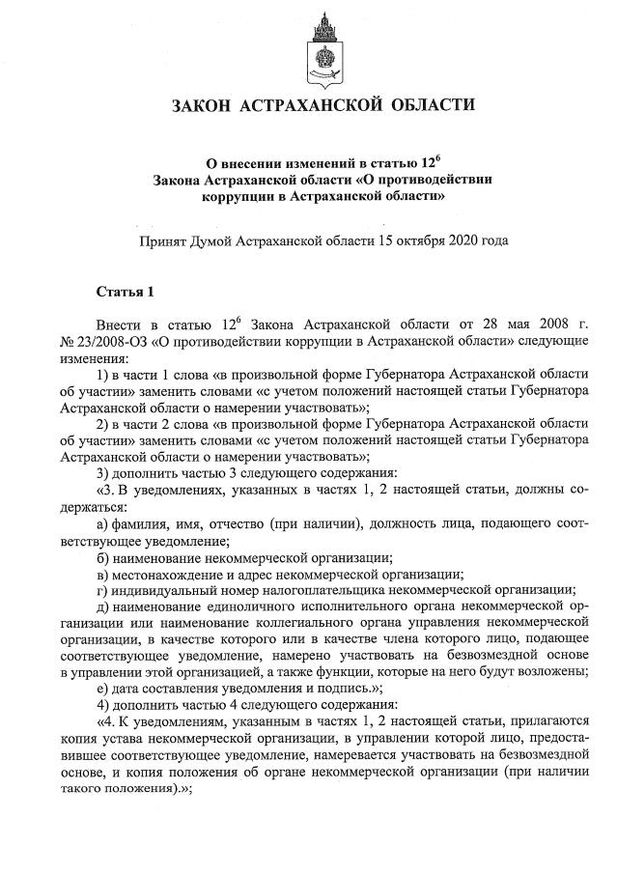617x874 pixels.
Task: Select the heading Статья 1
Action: pos(125,291)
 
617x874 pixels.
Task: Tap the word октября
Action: pos(412,240)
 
